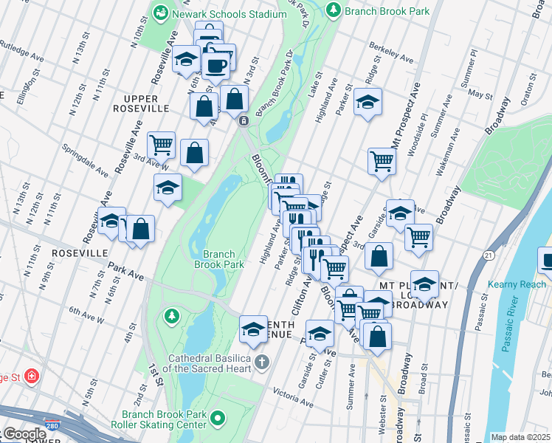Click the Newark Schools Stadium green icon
click(160, 13)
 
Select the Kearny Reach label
click(517, 284)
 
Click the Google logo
click(24, 434)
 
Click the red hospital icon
click(31, 377)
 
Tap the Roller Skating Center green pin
click(217, 419)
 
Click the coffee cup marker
click(216, 65)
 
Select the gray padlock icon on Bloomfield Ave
click(243, 120)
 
